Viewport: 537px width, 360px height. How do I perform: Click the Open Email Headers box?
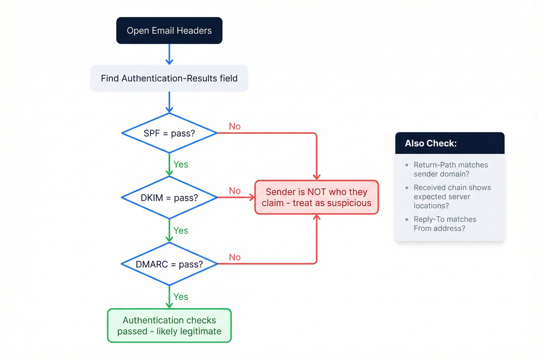pyautogui.click(x=169, y=31)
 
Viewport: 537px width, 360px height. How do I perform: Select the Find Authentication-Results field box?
pyautogui.click(x=169, y=78)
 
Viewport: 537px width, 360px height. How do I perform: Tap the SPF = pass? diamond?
pyautogui.click(x=169, y=133)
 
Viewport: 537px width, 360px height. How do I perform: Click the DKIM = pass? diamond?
pyautogui.click(x=169, y=197)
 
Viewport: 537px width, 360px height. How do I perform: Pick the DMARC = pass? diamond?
pyautogui.click(x=169, y=264)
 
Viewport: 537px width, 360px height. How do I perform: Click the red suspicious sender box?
pyautogui.click(x=316, y=197)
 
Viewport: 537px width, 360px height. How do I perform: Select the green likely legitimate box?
pyautogui.click(x=169, y=325)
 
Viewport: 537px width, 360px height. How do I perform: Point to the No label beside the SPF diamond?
pyautogui.click(x=235, y=127)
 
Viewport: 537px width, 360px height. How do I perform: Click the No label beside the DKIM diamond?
pyautogui.click(x=235, y=191)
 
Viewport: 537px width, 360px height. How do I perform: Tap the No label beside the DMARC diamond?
pyautogui.click(x=235, y=257)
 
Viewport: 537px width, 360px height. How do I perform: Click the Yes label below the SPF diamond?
pyautogui.click(x=181, y=164)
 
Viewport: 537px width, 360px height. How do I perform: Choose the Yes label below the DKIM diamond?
pyautogui.click(x=181, y=230)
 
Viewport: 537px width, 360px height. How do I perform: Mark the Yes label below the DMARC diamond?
pyautogui.click(x=181, y=297)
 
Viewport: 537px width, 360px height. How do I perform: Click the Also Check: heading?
pyautogui.click(x=431, y=143)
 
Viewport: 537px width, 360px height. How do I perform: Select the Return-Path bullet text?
pyautogui.click(x=451, y=169)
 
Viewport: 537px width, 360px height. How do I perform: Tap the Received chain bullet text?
pyautogui.click(x=452, y=196)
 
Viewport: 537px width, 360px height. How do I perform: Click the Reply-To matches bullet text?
pyautogui.click(x=445, y=224)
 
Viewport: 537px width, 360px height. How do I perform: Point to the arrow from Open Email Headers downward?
pyautogui.click(x=169, y=54)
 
